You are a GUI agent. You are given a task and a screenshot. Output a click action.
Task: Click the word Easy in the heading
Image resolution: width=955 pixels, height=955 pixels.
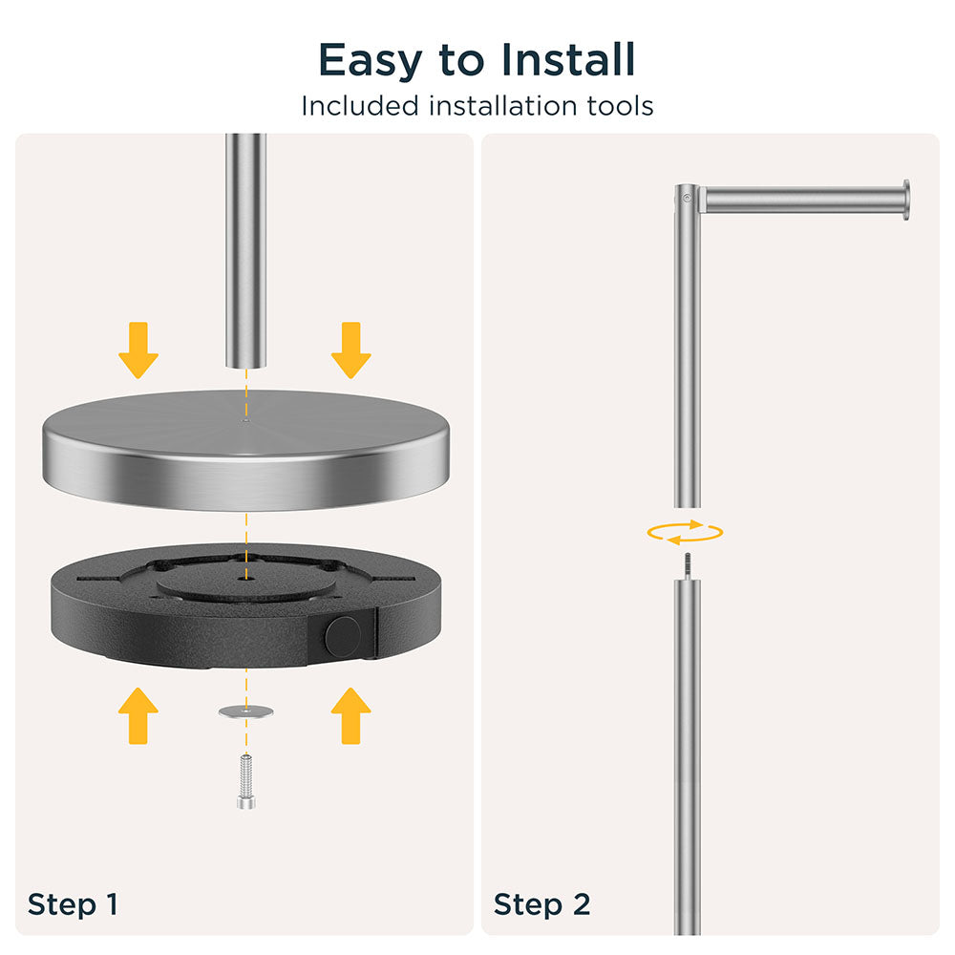tap(371, 61)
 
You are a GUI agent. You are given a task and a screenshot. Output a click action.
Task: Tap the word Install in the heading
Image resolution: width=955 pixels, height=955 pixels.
tap(568, 59)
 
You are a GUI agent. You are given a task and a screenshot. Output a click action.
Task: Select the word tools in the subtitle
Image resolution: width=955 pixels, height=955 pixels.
tap(620, 106)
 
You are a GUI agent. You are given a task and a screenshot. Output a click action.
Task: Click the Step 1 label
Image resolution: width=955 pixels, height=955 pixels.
tap(73, 903)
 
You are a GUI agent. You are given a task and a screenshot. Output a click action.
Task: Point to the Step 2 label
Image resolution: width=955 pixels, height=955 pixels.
tap(542, 903)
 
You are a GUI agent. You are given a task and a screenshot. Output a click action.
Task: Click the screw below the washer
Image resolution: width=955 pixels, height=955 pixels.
tap(246, 781)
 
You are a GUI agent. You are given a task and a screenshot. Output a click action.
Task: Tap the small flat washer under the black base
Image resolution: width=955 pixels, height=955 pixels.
tap(246, 711)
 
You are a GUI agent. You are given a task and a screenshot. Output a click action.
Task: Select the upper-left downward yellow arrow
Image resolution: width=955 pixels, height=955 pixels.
tap(138, 350)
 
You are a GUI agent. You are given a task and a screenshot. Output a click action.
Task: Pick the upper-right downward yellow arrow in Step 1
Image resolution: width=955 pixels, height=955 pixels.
tap(350, 350)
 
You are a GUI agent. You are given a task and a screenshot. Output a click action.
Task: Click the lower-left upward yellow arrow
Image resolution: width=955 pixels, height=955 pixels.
tap(138, 715)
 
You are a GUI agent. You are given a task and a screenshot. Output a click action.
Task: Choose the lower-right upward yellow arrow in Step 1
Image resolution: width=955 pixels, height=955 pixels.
tap(350, 715)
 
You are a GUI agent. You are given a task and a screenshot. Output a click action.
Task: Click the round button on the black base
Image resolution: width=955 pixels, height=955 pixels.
tap(343, 636)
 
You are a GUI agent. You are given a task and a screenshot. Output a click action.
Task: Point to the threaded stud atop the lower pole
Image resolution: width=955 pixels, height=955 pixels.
tap(687, 566)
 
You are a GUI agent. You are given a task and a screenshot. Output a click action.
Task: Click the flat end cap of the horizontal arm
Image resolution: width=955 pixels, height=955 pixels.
tap(906, 200)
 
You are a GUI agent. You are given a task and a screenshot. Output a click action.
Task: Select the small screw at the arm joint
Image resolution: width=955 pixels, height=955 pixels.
tap(687, 198)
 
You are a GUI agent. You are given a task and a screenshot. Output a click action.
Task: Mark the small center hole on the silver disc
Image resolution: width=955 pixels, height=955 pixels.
tap(245, 420)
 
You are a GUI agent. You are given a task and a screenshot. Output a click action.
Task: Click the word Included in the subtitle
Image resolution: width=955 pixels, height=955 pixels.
tap(360, 106)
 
